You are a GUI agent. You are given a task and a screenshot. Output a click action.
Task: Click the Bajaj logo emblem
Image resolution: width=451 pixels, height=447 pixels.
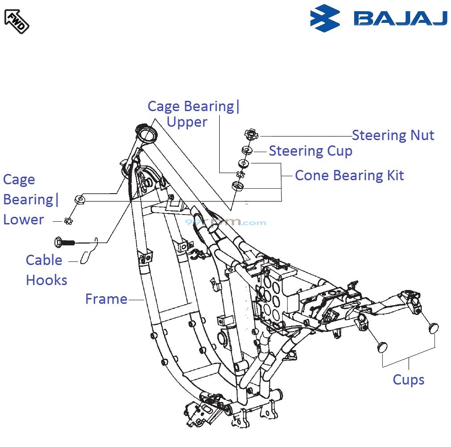click(x=325, y=18)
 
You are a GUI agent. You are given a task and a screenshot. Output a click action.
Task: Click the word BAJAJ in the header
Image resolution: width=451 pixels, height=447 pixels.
click(x=400, y=18)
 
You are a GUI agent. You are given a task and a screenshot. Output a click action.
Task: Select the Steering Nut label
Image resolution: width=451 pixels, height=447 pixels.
click(x=393, y=135)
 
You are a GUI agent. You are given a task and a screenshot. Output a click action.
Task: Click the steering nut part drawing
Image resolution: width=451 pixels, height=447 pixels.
click(x=251, y=133)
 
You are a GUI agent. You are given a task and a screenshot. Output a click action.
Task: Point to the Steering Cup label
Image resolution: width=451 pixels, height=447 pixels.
click(x=310, y=151)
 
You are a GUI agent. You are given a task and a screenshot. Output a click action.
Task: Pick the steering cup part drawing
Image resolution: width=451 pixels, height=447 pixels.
click(x=247, y=150)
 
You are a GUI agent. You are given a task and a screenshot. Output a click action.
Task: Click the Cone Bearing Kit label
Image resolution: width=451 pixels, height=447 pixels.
click(x=349, y=175)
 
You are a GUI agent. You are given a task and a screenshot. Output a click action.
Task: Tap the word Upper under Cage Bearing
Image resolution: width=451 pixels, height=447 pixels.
click(x=187, y=122)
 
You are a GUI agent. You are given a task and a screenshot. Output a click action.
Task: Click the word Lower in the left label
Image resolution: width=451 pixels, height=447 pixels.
click(x=24, y=219)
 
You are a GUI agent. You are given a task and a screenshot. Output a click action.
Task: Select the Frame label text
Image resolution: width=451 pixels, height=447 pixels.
click(x=106, y=299)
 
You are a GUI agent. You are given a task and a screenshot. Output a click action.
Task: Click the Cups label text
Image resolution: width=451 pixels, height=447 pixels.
click(x=408, y=380)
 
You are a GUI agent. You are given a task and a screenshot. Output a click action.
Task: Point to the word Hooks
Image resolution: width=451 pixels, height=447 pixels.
click(x=46, y=280)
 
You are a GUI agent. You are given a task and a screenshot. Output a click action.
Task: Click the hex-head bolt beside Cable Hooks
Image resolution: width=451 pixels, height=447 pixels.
click(x=63, y=243)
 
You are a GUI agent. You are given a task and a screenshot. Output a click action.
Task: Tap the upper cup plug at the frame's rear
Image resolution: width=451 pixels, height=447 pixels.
click(x=433, y=329)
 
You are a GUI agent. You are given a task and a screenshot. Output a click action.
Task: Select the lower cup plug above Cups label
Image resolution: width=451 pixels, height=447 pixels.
click(x=382, y=347)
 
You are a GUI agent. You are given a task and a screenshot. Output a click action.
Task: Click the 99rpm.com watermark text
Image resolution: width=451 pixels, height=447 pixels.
click(x=225, y=222)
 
